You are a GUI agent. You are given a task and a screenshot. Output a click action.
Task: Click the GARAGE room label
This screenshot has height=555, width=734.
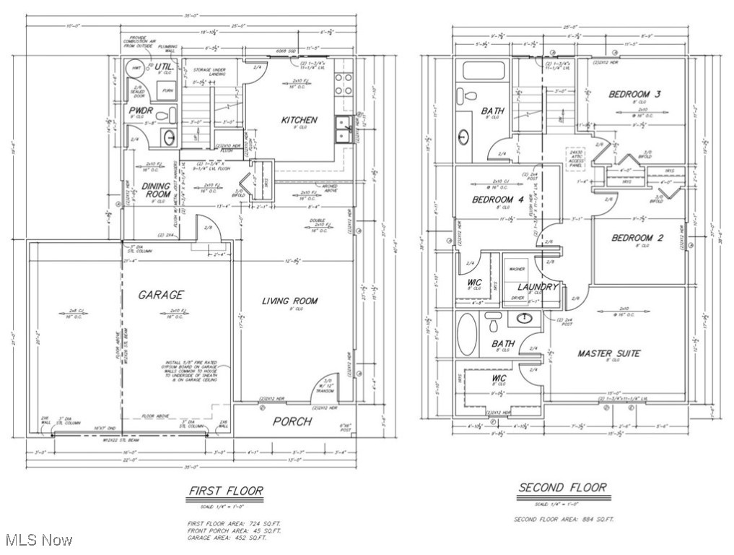click(x=161, y=295)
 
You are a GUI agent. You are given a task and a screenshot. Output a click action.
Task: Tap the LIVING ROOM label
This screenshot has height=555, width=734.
click(x=289, y=301)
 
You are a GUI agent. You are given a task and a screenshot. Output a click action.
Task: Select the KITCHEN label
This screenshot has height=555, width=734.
click(x=299, y=119)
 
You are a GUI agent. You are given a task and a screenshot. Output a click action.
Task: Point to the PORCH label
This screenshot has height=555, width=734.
click(x=292, y=421)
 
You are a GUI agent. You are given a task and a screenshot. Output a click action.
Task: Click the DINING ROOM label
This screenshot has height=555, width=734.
click(x=157, y=191)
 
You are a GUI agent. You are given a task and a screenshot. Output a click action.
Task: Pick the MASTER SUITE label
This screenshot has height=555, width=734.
click(x=608, y=353)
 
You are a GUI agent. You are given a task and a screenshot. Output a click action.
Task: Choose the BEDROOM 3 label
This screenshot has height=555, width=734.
click(x=634, y=94)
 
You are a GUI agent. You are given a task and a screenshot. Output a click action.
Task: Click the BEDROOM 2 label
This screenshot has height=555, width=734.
click(x=637, y=238)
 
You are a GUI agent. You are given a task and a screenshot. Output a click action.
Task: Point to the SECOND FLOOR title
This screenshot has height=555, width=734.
click(x=562, y=488)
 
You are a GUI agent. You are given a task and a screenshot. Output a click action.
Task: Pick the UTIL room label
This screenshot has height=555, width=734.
click(x=163, y=67)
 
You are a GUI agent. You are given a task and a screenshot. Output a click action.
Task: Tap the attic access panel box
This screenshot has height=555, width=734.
click(x=575, y=158)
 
